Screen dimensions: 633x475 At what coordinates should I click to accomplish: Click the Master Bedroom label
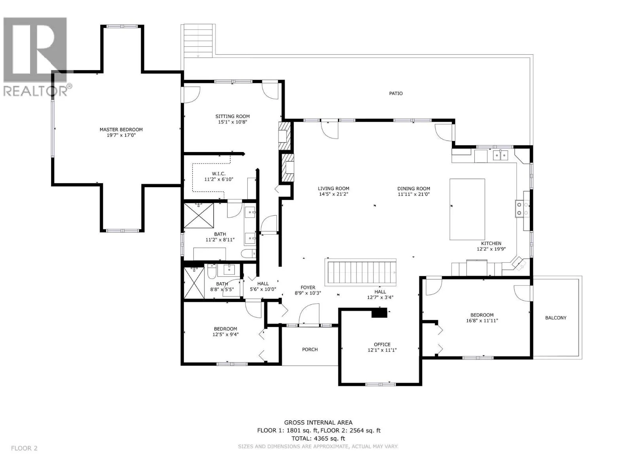121,129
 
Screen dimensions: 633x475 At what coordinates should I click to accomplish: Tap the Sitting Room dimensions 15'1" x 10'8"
233,122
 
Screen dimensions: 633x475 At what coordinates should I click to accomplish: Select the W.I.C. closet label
219,174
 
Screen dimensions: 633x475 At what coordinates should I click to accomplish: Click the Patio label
396,93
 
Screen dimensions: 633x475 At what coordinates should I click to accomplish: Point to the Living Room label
334,189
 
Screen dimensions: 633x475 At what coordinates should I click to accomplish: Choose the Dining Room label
413,189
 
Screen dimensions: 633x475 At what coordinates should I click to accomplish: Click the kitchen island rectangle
467,209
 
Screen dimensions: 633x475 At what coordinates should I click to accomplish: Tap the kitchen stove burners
523,209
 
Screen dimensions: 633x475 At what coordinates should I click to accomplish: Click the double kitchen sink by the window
500,155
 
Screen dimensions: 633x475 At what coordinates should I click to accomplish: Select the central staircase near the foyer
360,272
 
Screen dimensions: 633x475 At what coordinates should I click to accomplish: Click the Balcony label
555,318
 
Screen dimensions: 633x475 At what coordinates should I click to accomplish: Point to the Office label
382,344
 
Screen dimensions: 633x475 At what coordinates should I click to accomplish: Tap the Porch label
310,349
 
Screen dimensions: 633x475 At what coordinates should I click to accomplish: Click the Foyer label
308,287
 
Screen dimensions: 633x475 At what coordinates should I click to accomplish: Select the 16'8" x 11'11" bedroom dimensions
482,320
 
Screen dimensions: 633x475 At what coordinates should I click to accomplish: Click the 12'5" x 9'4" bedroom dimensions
226,334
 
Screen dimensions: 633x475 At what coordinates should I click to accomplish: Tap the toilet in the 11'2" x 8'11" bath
248,253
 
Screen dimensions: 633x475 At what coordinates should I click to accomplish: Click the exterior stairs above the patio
199,40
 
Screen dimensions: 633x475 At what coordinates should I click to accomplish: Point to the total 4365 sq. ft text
318,438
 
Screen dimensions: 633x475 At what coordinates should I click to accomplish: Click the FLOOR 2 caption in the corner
24,448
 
